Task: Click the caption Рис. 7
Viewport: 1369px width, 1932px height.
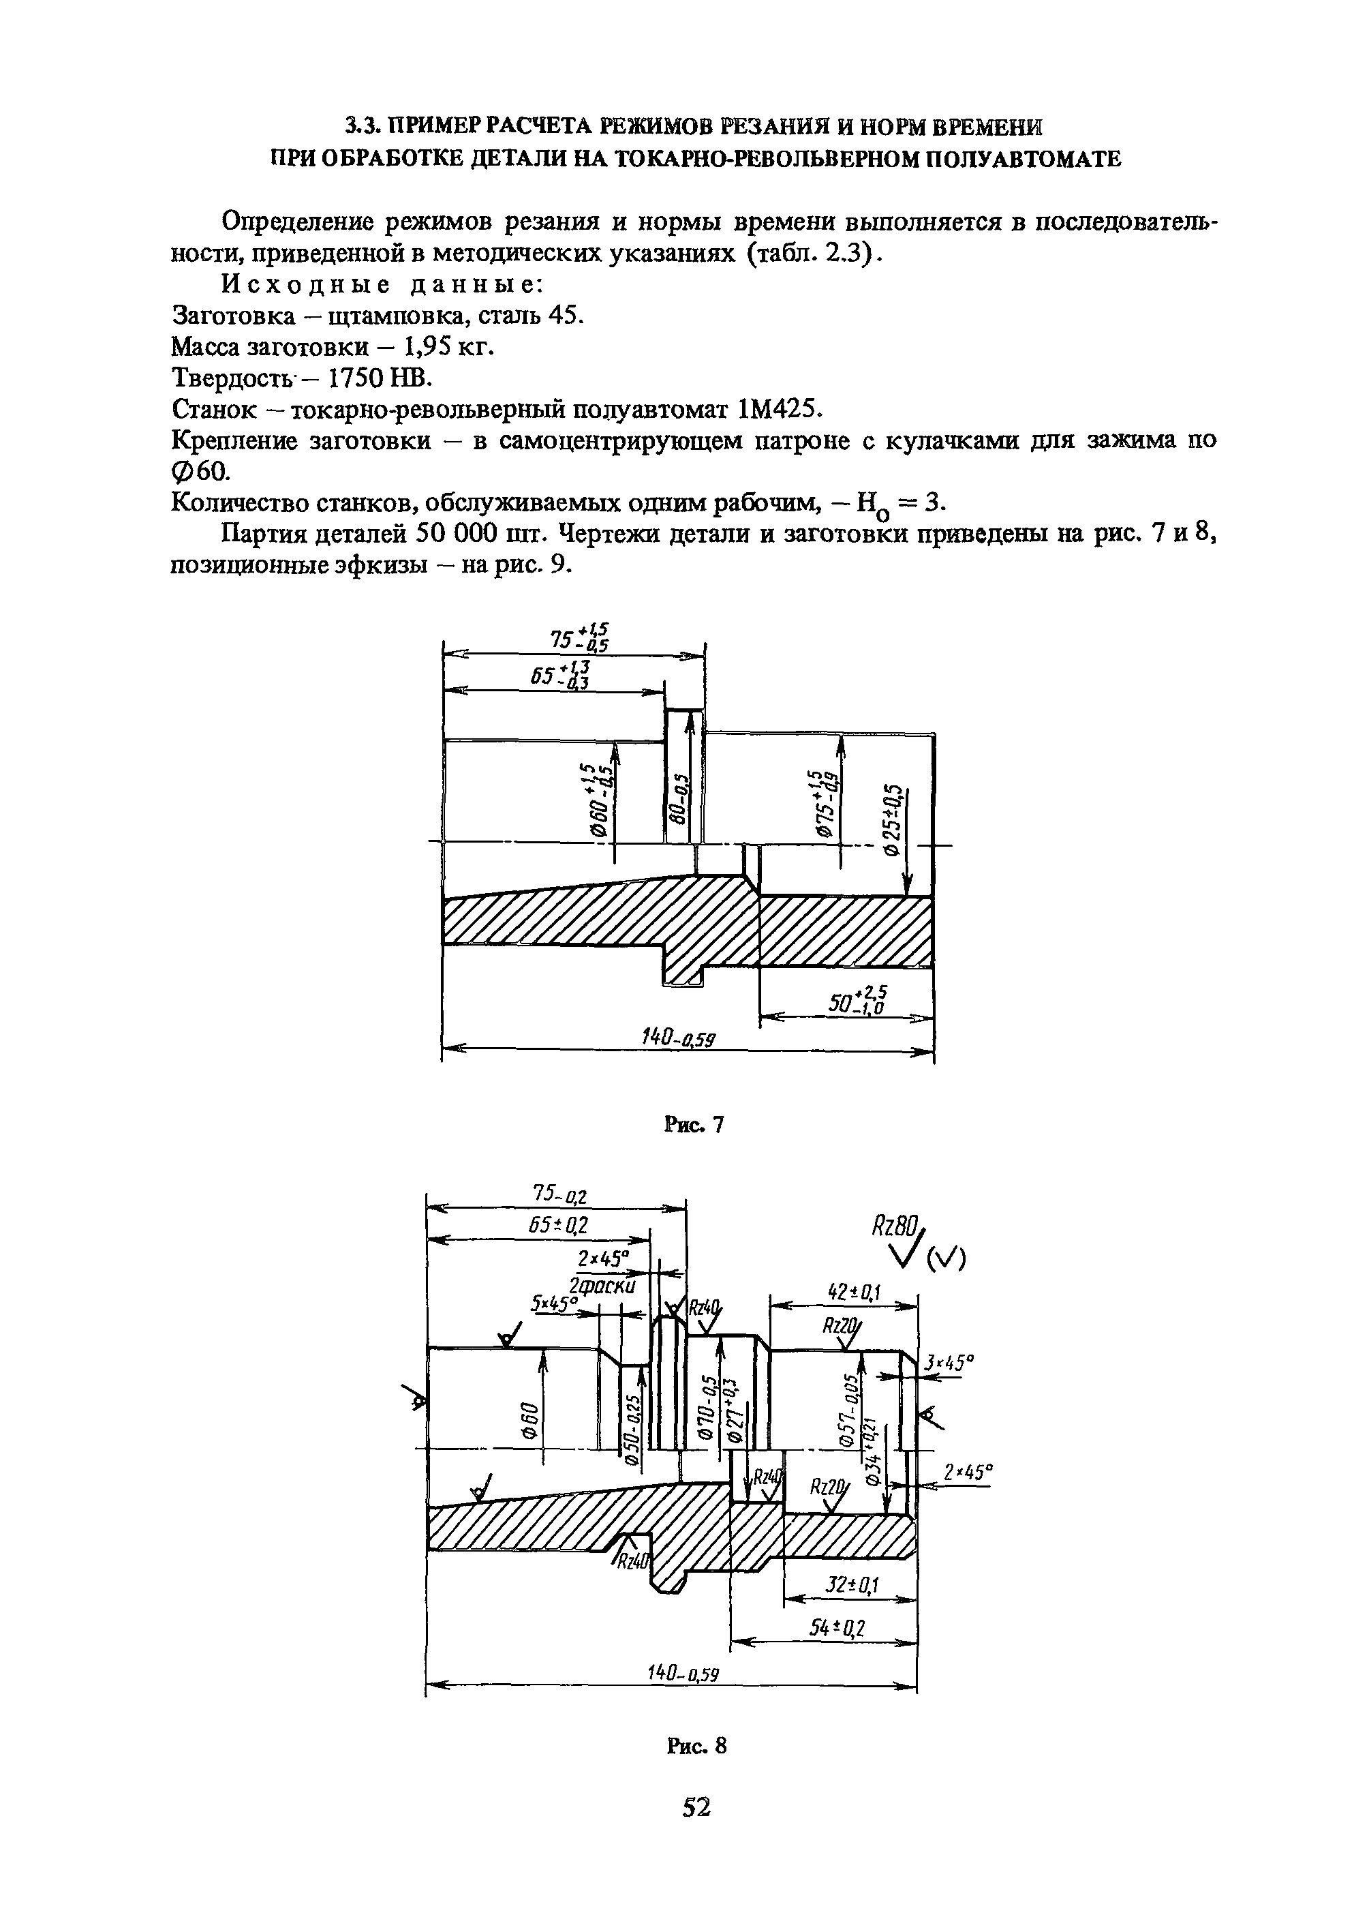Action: pyautogui.click(x=694, y=1124)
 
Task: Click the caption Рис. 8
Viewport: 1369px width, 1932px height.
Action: pyautogui.click(x=694, y=1745)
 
